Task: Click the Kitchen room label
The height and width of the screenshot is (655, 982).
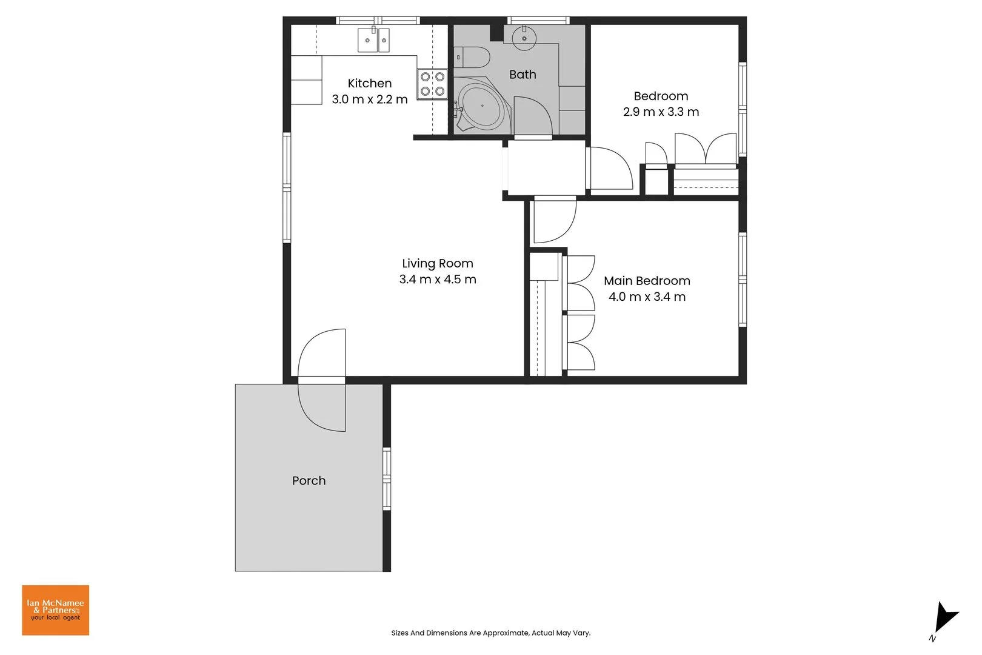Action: [369, 84]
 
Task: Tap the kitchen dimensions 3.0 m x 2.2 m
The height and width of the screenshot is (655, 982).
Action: [369, 99]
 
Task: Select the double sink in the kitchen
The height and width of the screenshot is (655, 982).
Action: [373, 41]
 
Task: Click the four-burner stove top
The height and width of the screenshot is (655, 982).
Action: [432, 84]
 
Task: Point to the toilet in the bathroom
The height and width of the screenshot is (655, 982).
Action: [473, 58]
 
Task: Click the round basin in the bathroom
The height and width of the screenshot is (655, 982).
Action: [524, 38]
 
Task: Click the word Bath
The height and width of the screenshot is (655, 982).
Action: [523, 75]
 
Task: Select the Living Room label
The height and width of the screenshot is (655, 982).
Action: [437, 264]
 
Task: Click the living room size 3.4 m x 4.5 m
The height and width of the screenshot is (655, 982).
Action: [437, 280]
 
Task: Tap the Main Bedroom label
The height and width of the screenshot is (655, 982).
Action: [647, 281]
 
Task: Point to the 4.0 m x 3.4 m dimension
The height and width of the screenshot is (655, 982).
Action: [647, 297]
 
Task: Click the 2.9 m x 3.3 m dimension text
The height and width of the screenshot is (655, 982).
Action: [661, 112]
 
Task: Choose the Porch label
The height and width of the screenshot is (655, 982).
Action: [309, 481]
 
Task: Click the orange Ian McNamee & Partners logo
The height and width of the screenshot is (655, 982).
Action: [56, 610]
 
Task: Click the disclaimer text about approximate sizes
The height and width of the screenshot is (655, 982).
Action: [490, 633]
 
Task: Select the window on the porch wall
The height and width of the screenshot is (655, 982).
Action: [387, 479]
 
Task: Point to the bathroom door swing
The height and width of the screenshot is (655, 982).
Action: [532, 116]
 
